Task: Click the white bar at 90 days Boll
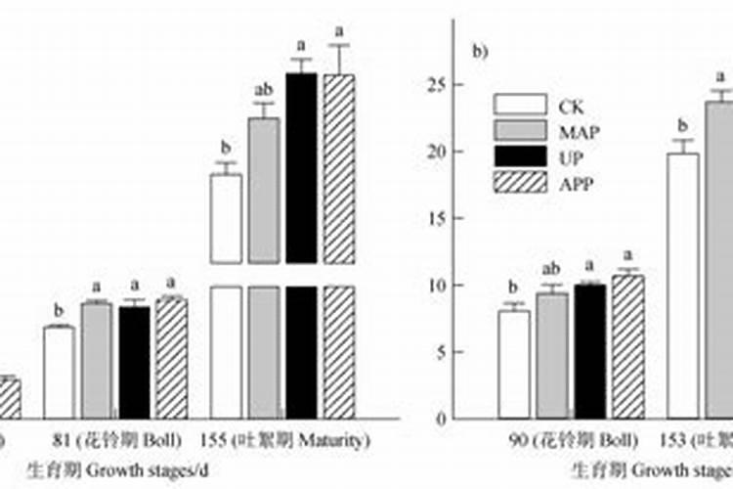[514, 365]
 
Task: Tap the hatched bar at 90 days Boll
[628, 347]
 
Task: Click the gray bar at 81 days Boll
[96, 361]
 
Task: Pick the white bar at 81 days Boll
[59, 373]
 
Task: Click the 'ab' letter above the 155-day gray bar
[262, 92]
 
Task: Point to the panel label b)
[480, 53]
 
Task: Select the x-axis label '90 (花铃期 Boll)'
[573, 440]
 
